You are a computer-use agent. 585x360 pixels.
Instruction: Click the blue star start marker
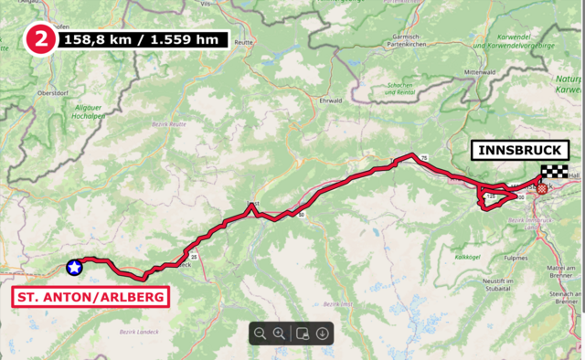[74, 268]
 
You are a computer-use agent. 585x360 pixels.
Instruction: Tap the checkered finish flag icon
[552, 171]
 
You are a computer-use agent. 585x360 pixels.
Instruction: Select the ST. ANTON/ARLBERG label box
[90, 297]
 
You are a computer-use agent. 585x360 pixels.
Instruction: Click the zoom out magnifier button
[261, 334]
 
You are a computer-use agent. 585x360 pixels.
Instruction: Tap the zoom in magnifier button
[280, 334]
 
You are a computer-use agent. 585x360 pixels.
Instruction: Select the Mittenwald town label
[479, 70]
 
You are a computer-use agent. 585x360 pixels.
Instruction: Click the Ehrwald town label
[330, 100]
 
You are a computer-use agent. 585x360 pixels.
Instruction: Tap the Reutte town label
[243, 43]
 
